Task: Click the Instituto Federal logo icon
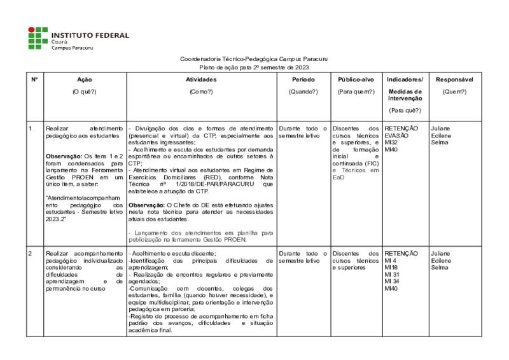point(38,38)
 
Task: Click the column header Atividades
point(201,80)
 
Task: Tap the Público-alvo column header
point(356,80)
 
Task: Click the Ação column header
point(84,80)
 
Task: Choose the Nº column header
point(34,80)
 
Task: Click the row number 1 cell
point(31,128)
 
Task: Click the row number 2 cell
point(31,253)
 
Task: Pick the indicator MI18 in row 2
point(391,267)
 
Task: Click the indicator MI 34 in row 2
point(393,281)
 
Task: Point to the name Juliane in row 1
point(440,128)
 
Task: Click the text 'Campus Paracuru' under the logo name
point(73,48)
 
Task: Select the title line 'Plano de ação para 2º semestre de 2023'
point(254,66)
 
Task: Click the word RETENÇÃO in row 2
point(401,253)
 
